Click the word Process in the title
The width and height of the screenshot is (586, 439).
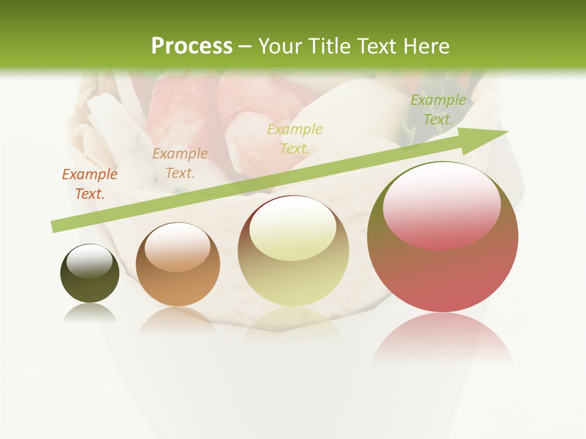pos(192,46)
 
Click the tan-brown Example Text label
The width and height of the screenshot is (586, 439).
pos(180,163)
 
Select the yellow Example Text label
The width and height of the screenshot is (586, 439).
pos(295,138)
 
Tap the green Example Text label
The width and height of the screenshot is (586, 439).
pos(438,110)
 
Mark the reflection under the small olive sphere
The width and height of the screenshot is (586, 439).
pos(90,313)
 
